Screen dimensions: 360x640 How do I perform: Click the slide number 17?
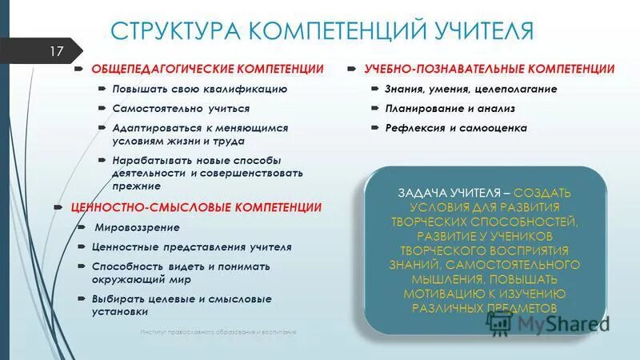[57, 52]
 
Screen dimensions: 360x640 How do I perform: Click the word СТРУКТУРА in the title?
[175, 31]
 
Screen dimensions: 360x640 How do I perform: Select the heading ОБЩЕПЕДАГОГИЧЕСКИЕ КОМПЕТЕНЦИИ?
[207, 69]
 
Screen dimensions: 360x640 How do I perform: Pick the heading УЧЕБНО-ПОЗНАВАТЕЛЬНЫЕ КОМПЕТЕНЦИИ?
[490, 69]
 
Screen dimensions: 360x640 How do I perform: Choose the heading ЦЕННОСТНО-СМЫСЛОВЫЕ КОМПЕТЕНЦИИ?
[196, 207]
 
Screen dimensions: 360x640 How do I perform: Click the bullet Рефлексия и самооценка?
[457, 128]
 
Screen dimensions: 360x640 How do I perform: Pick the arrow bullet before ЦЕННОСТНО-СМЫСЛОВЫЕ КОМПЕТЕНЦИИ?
[58, 207]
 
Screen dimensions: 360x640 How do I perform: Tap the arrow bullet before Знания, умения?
[374, 89]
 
